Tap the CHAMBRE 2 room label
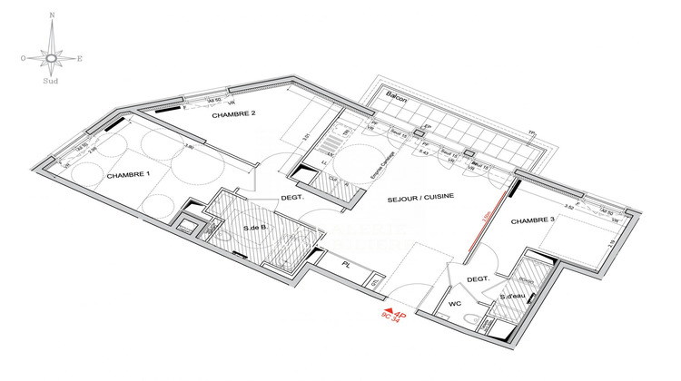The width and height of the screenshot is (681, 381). (x=234, y=114)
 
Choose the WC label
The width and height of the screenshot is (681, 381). (x=457, y=303)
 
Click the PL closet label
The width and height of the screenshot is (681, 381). (x=346, y=265)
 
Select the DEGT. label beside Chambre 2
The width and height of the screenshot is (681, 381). (x=291, y=196)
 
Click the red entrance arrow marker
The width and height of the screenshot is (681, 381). (x=387, y=314)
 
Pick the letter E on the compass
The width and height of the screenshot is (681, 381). (x=80, y=59)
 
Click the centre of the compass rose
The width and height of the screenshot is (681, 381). (x=52, y=58)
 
